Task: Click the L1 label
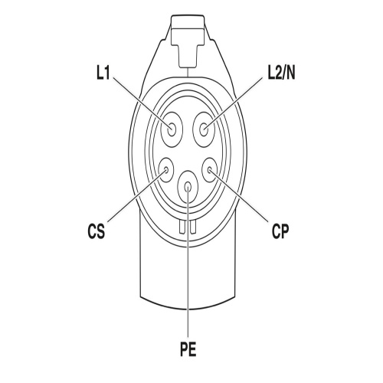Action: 103,74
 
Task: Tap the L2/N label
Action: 281,74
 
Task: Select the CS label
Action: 97,231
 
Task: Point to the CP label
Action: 280,231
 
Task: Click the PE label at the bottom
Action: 188,349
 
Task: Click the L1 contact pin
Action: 172,129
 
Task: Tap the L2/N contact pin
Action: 204,129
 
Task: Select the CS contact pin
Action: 166,170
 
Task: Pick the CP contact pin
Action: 210,170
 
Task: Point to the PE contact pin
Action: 188,186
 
